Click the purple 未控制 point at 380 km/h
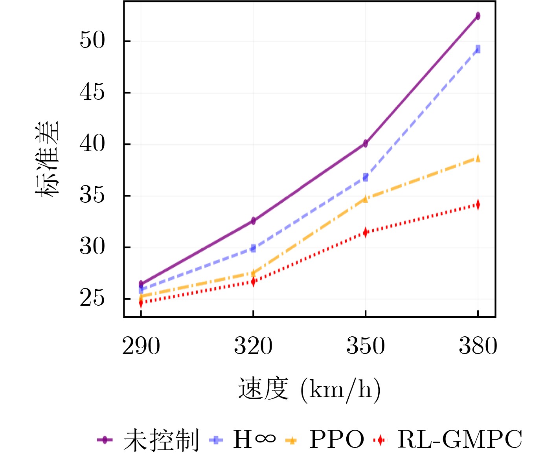[x=478, y=16]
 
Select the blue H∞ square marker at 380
[x=478, y=49]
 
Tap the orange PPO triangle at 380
[x=478, y=158]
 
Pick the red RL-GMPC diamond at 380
[x=478, y=204]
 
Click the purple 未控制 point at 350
[x=366, y=143]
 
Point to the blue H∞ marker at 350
[x=366, y=177]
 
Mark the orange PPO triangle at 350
[x=366, y=199]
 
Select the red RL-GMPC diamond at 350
[x=366, y=232]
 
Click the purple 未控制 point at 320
[x=253, y=221]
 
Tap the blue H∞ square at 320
[x=253, y=248]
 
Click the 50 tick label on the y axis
[x=92, y=40]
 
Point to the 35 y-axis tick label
[x=92, y=195]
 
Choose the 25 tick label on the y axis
[x=92, y=299]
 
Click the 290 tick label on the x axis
[x=141, y=346]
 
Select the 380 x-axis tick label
[x=478, y=346]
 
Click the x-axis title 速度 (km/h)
[x=309, y=389]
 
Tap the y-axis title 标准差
[x=47, y=158]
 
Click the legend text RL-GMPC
[x=459, y=439]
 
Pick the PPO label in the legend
[x=336, y=439]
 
